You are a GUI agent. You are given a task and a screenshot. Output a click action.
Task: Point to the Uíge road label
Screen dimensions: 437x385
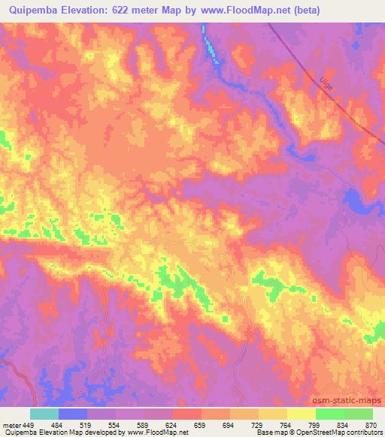(x=326, y=83)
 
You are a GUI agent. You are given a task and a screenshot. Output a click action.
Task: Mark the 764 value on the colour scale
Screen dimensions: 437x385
(x=286, y=425)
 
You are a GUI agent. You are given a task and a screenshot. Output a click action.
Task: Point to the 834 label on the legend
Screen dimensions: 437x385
(x=344, y=425)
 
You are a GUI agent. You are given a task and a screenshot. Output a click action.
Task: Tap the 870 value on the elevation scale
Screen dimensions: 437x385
(x=370, y=425)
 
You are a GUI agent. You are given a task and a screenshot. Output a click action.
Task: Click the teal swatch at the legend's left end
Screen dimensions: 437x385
(x=44, y=414)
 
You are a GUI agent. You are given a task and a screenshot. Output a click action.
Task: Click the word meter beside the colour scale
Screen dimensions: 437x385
(x=11, y=425)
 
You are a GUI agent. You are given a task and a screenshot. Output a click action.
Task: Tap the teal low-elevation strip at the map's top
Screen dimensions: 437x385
(x=214, y=47)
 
